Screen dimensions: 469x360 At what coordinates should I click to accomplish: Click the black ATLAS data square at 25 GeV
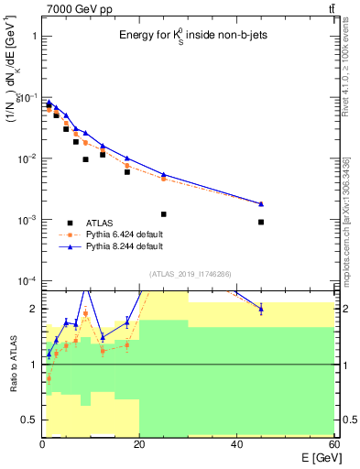pos(164,214)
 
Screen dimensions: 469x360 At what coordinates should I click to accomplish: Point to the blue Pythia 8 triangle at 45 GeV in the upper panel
pos(261,203)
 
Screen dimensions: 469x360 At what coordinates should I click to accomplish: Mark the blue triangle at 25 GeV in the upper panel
pos(164,174)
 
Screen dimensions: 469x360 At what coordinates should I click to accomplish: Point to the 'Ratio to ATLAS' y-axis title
pos(12,365)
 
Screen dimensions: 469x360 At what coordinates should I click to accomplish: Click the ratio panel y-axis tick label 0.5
pos(28,420)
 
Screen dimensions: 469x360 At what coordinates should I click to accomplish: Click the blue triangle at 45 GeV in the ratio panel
pos(261,309)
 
